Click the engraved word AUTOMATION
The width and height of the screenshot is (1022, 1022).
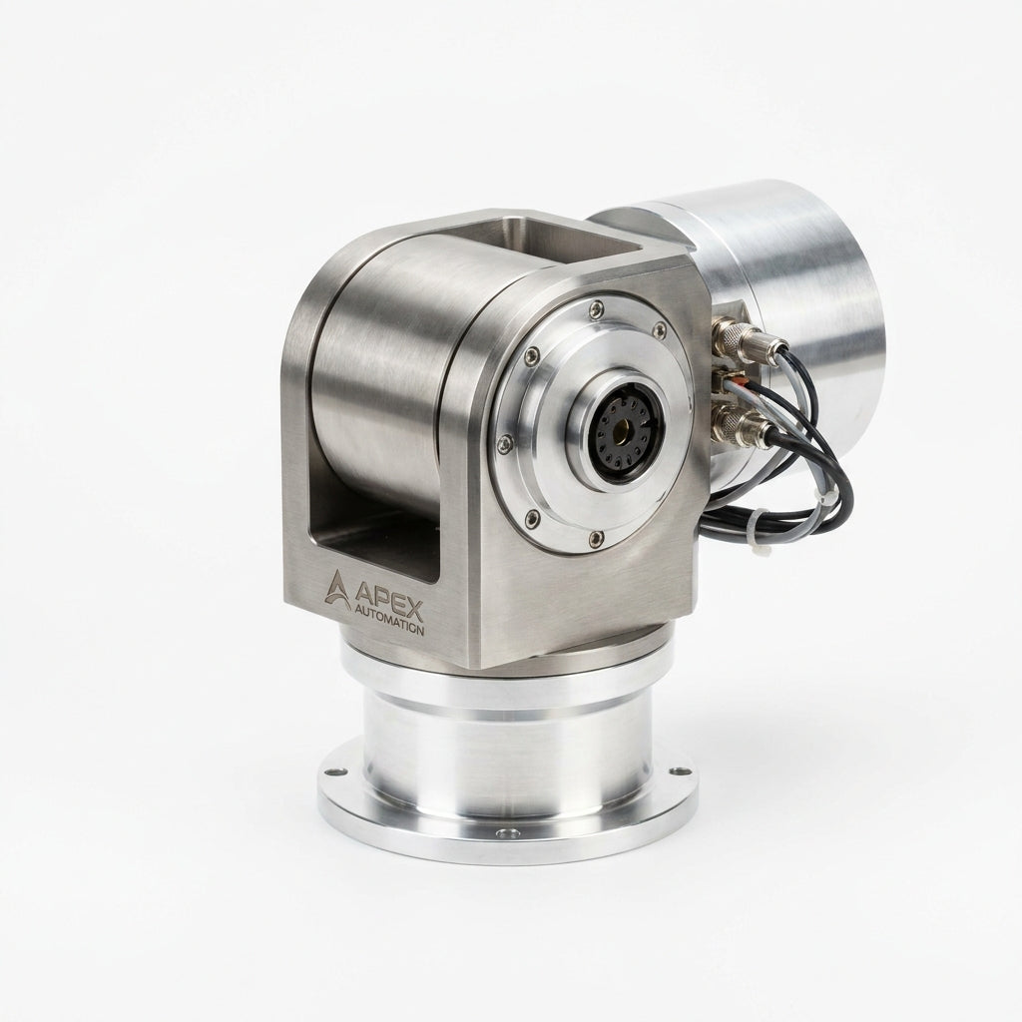pyautogui.click(x=389, y=619)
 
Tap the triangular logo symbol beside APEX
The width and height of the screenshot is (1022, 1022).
pyautogui.click(x=337, y=590)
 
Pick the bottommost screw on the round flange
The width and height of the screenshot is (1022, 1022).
pyautogui.click(x=594, y=538)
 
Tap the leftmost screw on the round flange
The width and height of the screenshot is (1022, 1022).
pyautogui.click(x=502, y=444)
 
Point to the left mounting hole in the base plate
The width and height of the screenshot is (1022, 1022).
pyautogui.click(x=335, y=771)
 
